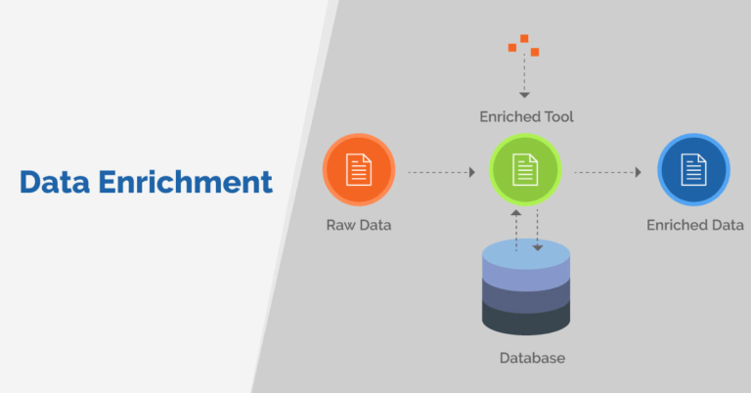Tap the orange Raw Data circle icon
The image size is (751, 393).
[359, 170]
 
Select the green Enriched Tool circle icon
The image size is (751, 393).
[525, 170]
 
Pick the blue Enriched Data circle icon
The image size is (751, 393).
[693, 170]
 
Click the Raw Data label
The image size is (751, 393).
[359, 225]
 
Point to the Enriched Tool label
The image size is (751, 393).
[526, 116]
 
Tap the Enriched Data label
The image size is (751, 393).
[695, 225]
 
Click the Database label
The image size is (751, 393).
[532, 358]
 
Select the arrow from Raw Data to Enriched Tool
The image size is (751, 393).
[441, 172]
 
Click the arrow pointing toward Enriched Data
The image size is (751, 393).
[607, 172]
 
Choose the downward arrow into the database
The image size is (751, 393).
[537, 231]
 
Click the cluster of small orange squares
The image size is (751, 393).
[524, 45]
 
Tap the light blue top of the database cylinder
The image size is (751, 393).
[526, 254]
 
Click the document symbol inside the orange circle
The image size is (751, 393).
[359, 170]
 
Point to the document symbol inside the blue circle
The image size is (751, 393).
[693, 170]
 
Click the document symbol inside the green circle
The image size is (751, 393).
[525, 170]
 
